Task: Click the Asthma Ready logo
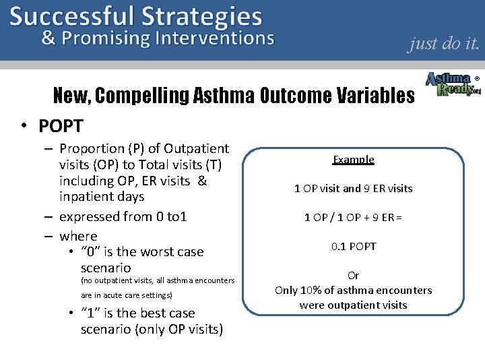453,84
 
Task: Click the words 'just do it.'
443,44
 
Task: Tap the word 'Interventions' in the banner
214,38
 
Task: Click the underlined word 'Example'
353,160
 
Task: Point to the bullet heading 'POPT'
61,126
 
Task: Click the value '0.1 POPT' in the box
353,246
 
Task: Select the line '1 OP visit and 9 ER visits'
353,188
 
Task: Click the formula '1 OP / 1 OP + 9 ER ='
353,217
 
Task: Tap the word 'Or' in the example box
353,275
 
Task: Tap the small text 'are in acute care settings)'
127,295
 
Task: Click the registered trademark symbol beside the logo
477,78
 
